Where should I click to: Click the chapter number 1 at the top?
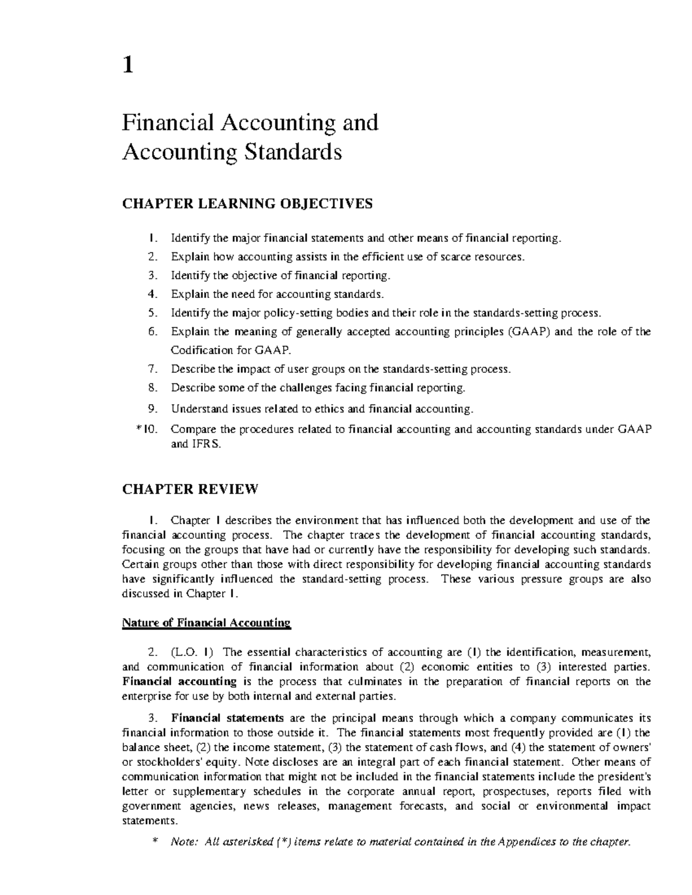pyautogui.click(x=128, y=66)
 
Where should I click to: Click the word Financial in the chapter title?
pyautogui.click(x=168, y=123)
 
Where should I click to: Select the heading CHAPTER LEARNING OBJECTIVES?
pyautogui.click(x=247, y=203)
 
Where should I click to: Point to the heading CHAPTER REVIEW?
pyautogui.click(x=190, y=489)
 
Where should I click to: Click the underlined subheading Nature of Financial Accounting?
pyautogui.click(x=206, y=623)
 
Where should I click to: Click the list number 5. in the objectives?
pyautogui.click(x=152, y=313)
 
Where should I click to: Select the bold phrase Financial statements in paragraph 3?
pyautogui.click(x=227, y=718)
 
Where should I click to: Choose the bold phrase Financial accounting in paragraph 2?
pyautogui.click(x=179, y=682)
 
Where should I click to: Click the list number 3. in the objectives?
pyautogui.click(x=152, y=275)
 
